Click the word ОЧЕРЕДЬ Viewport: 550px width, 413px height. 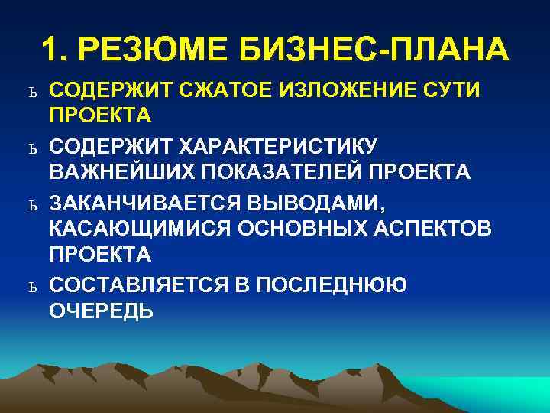pyautogui.click(x=101, y=311)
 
